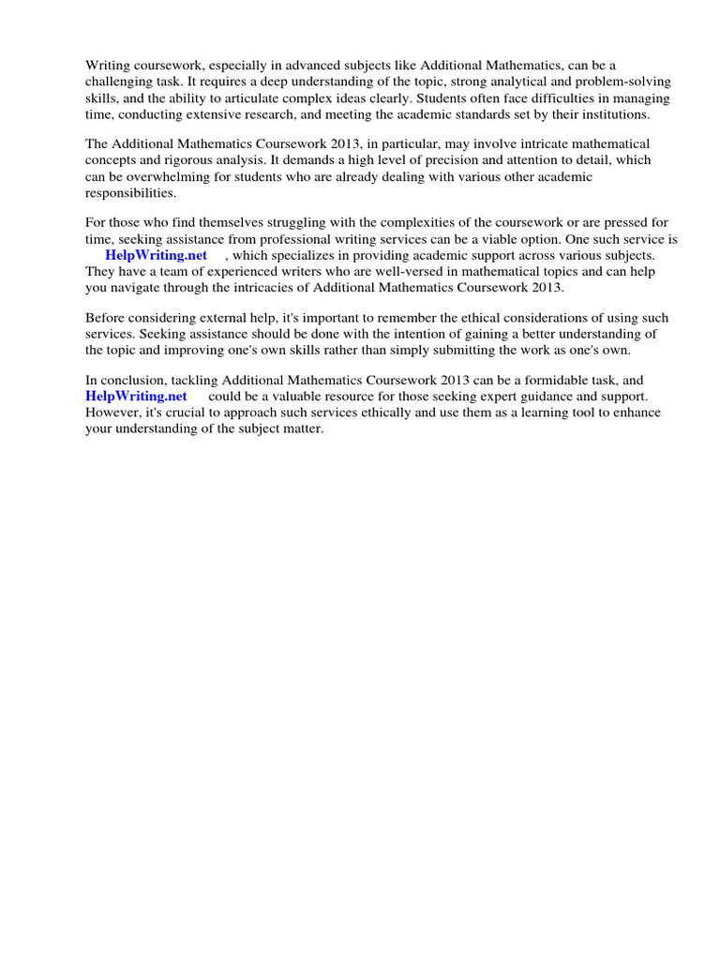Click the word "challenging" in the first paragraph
click(117, 82)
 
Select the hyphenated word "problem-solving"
click(626, 82)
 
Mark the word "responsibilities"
click(130, 192)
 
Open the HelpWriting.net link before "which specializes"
click(156, 255)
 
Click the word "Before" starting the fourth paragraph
click(105, 318)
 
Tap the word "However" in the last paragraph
click(112, 412)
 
